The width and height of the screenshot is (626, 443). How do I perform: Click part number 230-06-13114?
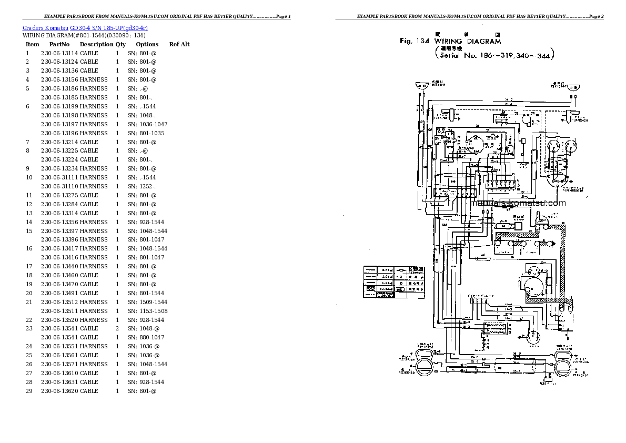click(59, 53)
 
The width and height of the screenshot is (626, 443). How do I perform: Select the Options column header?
click(147, 44)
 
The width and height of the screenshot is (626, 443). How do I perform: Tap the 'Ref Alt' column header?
click(179, 44)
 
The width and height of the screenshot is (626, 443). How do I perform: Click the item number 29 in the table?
click(29, 391)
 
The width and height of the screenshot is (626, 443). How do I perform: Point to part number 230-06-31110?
click(59, 186)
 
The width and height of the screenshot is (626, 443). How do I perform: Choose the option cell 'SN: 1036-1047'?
click(147, 124)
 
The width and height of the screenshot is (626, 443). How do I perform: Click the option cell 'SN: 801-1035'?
click(146, 133)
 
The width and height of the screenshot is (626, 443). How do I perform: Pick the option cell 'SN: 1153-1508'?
click(147, 311)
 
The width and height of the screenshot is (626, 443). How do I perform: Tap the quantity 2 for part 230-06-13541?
click(117, 328)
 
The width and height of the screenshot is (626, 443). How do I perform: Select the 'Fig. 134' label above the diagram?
click(415, 41)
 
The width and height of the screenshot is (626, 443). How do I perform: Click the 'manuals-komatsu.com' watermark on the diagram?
click(518, 203)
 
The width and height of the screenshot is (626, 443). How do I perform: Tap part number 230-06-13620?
click(59, 391)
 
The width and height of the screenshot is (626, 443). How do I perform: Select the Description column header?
click(96, 44)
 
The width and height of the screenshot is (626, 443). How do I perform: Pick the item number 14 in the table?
click(29, 222)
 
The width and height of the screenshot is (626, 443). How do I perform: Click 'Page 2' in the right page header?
click(595, 17)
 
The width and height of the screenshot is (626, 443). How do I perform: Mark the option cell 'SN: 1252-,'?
click(142, 186)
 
